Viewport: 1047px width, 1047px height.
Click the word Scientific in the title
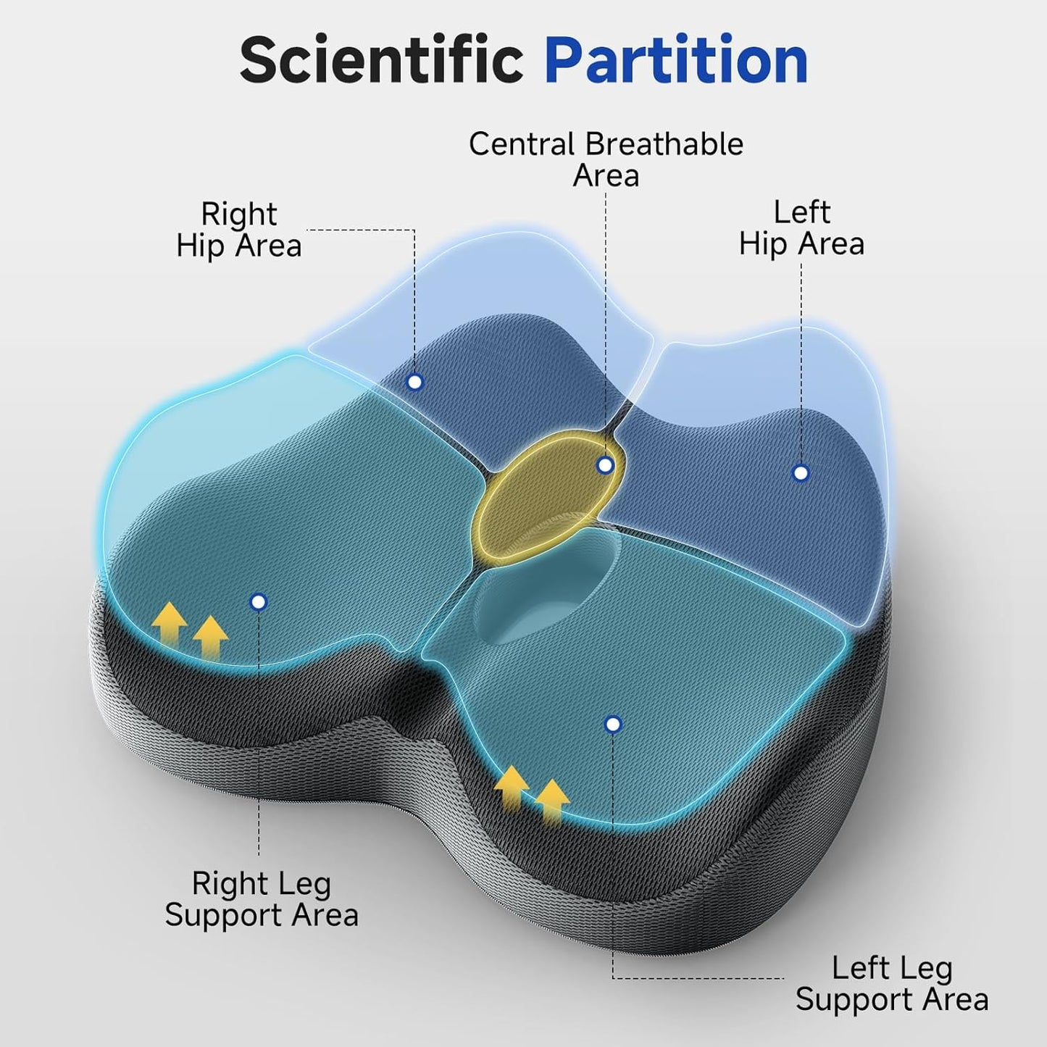click(381, 60)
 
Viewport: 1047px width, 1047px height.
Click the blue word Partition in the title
click(676, 60)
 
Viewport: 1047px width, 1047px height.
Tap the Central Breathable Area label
click(606, 159)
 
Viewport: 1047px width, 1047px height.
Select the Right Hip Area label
click(239, 230)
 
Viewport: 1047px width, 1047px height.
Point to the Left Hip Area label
click(801, 228)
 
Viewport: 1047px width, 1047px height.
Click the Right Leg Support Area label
click(262, 899)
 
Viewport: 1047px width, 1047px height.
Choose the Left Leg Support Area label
click(892, 983)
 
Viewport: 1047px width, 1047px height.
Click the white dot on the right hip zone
click(415, 381)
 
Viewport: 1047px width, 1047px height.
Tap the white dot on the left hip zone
click(801, 473)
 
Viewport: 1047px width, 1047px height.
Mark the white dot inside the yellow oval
click(605, 465)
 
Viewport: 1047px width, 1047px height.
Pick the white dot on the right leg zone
click(259, 601)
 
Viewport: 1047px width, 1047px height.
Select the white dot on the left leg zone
click(613, 724)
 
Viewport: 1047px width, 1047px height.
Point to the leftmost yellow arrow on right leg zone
click(170, 622)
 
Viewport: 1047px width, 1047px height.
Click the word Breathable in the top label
click(664, 144)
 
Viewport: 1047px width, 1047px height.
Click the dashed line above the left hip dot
click(801, 362)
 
